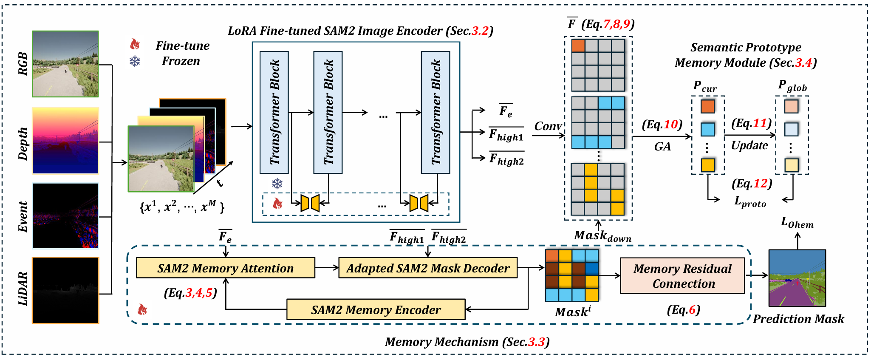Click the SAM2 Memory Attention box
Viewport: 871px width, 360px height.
point(226,268)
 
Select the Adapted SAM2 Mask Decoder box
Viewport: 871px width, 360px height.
point(428,268)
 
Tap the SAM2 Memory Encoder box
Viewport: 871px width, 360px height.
point(376,309)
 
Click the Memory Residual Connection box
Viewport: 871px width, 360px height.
point(683,276)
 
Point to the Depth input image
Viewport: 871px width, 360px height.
point(65,141)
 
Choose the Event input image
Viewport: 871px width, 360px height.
point(65,216)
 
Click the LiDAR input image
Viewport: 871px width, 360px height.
point(65,290)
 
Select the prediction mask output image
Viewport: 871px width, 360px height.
point(797,278)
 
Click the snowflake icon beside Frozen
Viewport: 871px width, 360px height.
point(135,62)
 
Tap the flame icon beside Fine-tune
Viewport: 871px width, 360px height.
point(135,44)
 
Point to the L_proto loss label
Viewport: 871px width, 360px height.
point(750,201)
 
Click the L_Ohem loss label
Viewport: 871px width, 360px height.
point(797,223)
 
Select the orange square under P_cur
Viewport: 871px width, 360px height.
point(707,106)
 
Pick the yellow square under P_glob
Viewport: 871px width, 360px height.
point(792,165)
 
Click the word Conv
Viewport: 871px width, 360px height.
point(548,126)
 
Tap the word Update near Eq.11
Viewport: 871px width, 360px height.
point(749,145)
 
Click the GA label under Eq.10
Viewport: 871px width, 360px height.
point(662,147)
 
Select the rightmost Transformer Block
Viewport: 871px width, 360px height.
point(435,113)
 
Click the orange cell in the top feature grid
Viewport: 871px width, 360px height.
point(578,46)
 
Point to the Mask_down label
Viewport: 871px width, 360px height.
point(602,236)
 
